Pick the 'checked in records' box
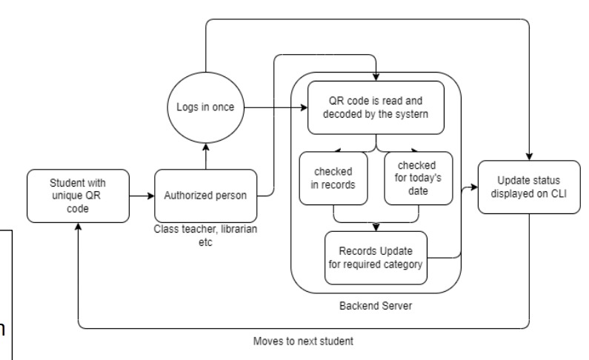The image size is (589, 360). point(334,178)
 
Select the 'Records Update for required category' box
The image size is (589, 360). point(377,258)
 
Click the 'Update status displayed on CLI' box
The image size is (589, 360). point(528,188)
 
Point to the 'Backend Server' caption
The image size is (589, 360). point(377,304)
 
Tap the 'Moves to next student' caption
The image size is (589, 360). point(304,341)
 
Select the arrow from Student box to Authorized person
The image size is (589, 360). point(141,196)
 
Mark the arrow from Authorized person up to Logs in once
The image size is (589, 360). point(204,153)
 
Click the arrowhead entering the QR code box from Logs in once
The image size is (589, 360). point(305,108)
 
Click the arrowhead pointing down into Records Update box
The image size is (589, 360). point(377,227)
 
